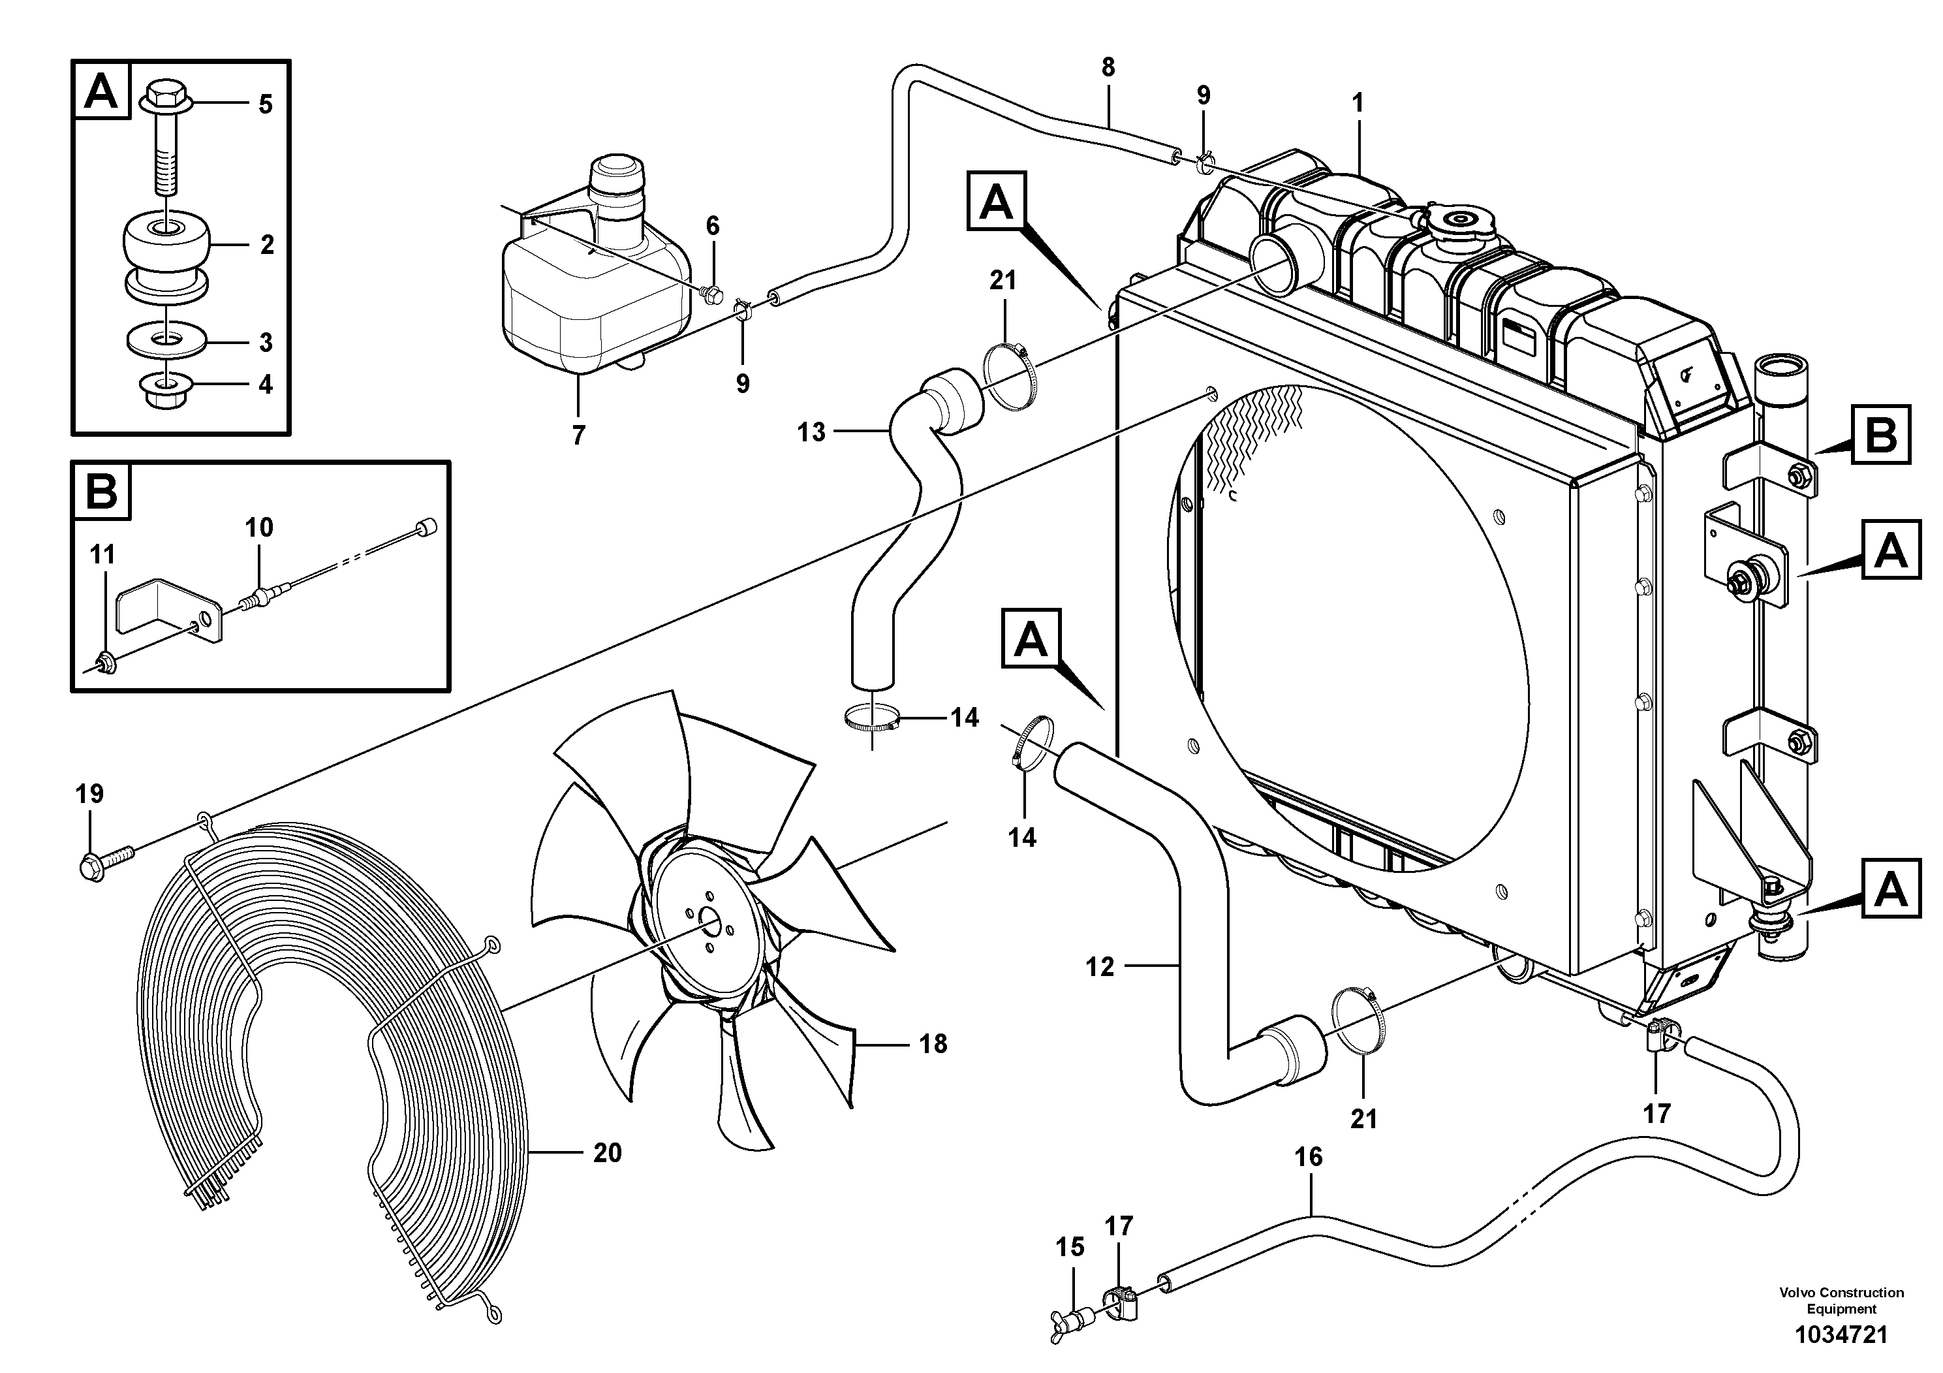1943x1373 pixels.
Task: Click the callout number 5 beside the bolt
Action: click(x=265, y=105)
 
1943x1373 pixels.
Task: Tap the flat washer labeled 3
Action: click(x=168, y=341)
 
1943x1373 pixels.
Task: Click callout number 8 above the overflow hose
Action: click(x=1108, y=68)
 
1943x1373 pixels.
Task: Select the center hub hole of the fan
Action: click(x=707, y=925)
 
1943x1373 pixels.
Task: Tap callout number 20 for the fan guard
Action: click(x=607, y=1153)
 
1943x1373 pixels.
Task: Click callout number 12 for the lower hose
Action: click(x=1100, y=968)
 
